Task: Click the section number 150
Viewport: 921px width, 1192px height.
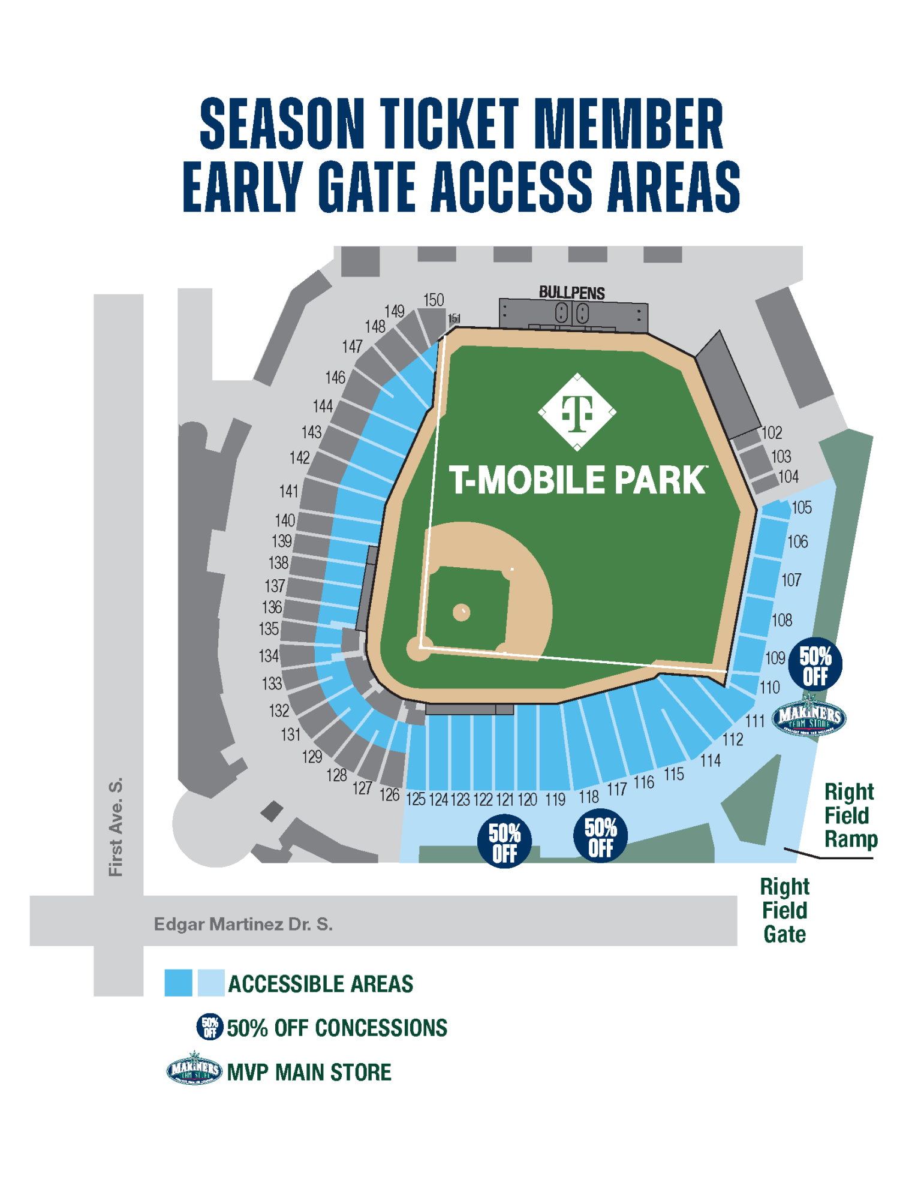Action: pyautogui.click(x=434, y=300)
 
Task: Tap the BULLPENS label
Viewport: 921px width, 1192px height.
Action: pyautogui.click(x=571, y=293)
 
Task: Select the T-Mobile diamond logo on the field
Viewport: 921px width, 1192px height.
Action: pyautogui.click(x=577, y=413)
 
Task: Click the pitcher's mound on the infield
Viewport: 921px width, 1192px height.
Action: pyautogui.click(x=461, y=612)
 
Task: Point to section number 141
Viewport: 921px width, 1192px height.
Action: pyautogui.click(x=289, y=491)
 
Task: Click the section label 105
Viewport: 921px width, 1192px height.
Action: pyautogui.click(x=802, y=508)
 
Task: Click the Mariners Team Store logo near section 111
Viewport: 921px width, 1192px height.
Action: pyautogui.click(x=809, y=717)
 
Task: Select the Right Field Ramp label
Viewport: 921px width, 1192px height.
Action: pyautogui.click(x=850, y=815)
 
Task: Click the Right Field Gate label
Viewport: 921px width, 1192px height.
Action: pyautogui.click(x=785, y=910)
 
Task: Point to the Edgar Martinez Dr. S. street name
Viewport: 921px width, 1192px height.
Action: pyautogui.click(x=243, y=924)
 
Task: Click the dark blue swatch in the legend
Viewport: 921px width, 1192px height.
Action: pyautogui.click(x=178, y=983)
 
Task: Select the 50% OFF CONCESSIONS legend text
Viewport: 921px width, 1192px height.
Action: pyautogui.click(x=336, y=1028)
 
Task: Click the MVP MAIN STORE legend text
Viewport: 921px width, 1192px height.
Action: pyautogui.click(x=309, y=1072)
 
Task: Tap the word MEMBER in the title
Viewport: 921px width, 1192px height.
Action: pyautogui.click(x=628, y=124)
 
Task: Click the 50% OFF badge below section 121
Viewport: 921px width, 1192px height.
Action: pyautogui.click(x=504, y=841)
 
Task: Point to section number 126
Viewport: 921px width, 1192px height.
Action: pyautogui.click(x=389, y=795)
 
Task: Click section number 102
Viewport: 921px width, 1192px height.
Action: pyautogui.click(x=772, y=433)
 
